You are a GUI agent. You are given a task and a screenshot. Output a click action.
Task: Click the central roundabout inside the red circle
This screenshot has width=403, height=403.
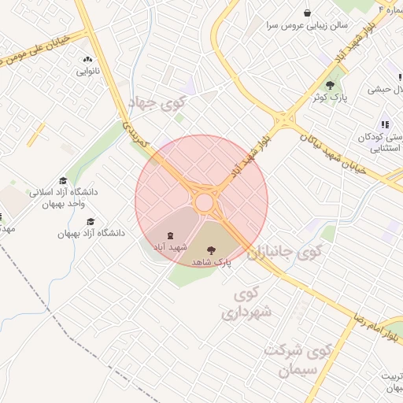[205, 202]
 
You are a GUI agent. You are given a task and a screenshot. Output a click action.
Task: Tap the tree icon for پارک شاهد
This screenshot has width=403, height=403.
[210, 250]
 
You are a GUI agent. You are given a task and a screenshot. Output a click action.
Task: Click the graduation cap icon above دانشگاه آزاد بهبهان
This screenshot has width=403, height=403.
[91, 222]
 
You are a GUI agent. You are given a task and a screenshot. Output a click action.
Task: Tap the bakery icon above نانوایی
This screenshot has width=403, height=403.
[87, 59]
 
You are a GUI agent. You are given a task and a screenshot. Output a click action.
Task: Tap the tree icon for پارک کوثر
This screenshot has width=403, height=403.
[330, 85]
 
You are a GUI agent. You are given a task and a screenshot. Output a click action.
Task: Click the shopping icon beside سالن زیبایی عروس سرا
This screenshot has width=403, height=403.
[308, 12]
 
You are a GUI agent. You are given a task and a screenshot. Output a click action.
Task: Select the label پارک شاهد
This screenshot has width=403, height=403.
[212, 262]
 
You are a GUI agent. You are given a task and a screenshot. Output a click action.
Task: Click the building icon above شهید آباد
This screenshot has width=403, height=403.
[169, 235]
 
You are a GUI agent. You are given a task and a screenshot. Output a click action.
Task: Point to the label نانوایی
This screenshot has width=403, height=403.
[87, 71]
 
